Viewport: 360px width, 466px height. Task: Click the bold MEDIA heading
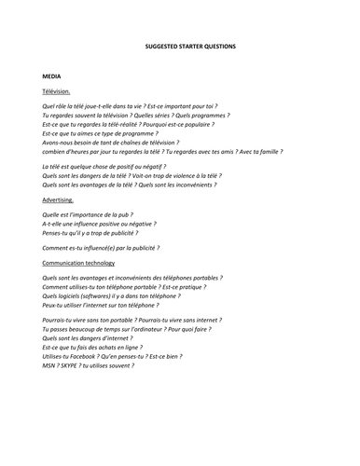[53, 73]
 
